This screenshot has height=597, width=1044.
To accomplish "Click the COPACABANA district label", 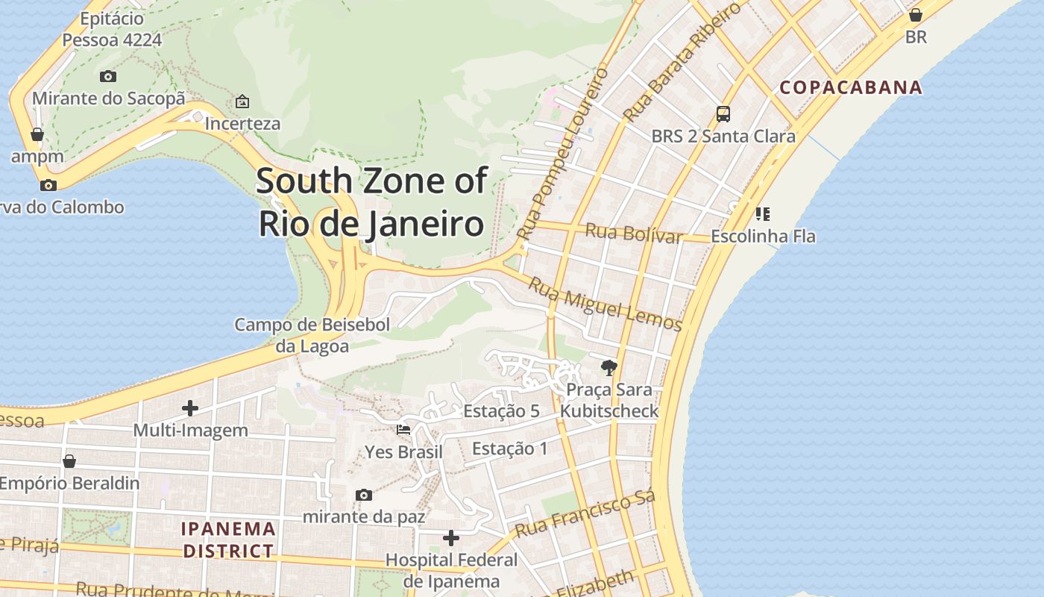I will click(851, 87).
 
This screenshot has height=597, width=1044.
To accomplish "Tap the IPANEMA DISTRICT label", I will click(228, 540).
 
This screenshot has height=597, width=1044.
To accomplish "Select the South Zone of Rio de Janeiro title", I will click(371, 202).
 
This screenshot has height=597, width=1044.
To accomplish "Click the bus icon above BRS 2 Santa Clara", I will click(723, 114).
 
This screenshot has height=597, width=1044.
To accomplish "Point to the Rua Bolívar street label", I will click(633, 233).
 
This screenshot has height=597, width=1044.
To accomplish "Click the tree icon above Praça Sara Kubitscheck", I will click(609, 367).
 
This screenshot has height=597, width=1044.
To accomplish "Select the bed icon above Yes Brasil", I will click(403, 430).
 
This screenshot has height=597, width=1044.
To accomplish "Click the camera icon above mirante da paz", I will click(364, 495).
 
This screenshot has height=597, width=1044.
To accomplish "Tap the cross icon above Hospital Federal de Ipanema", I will click(451, 537).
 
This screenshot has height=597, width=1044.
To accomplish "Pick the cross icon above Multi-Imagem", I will click(190, 408).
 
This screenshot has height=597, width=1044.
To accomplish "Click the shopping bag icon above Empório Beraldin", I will click(69, 461).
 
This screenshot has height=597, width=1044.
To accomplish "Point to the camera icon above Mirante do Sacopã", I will click(108, 76).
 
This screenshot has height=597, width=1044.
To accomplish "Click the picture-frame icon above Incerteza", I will click(242, 101).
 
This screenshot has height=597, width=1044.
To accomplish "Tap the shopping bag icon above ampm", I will click(37, 134).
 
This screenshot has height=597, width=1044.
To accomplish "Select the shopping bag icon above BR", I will click(916, 15).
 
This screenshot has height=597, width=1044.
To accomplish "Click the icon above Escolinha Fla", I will click(762, 214).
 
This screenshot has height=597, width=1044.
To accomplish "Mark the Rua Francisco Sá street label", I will click(585, 514).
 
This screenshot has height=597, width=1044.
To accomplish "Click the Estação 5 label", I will click(501, 411).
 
